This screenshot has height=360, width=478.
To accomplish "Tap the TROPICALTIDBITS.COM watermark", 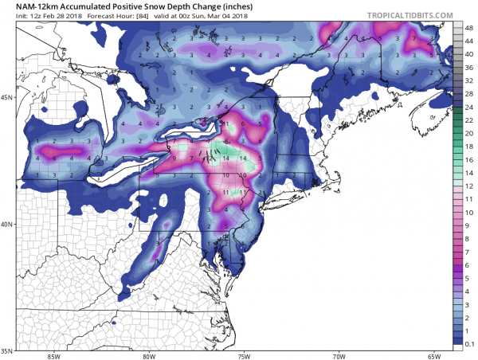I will pyautogui.click(x=406, y=15).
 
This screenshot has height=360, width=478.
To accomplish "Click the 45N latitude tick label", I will pyautogui.click(x=7, y=97).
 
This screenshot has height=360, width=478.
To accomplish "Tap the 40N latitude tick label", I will pyautogui.click(x=7, y=224).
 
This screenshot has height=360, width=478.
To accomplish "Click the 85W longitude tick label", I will pyautogui.click(x=54, y=355).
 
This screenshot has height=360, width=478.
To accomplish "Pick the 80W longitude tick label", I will pyautogui.click(x=149, y=355).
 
